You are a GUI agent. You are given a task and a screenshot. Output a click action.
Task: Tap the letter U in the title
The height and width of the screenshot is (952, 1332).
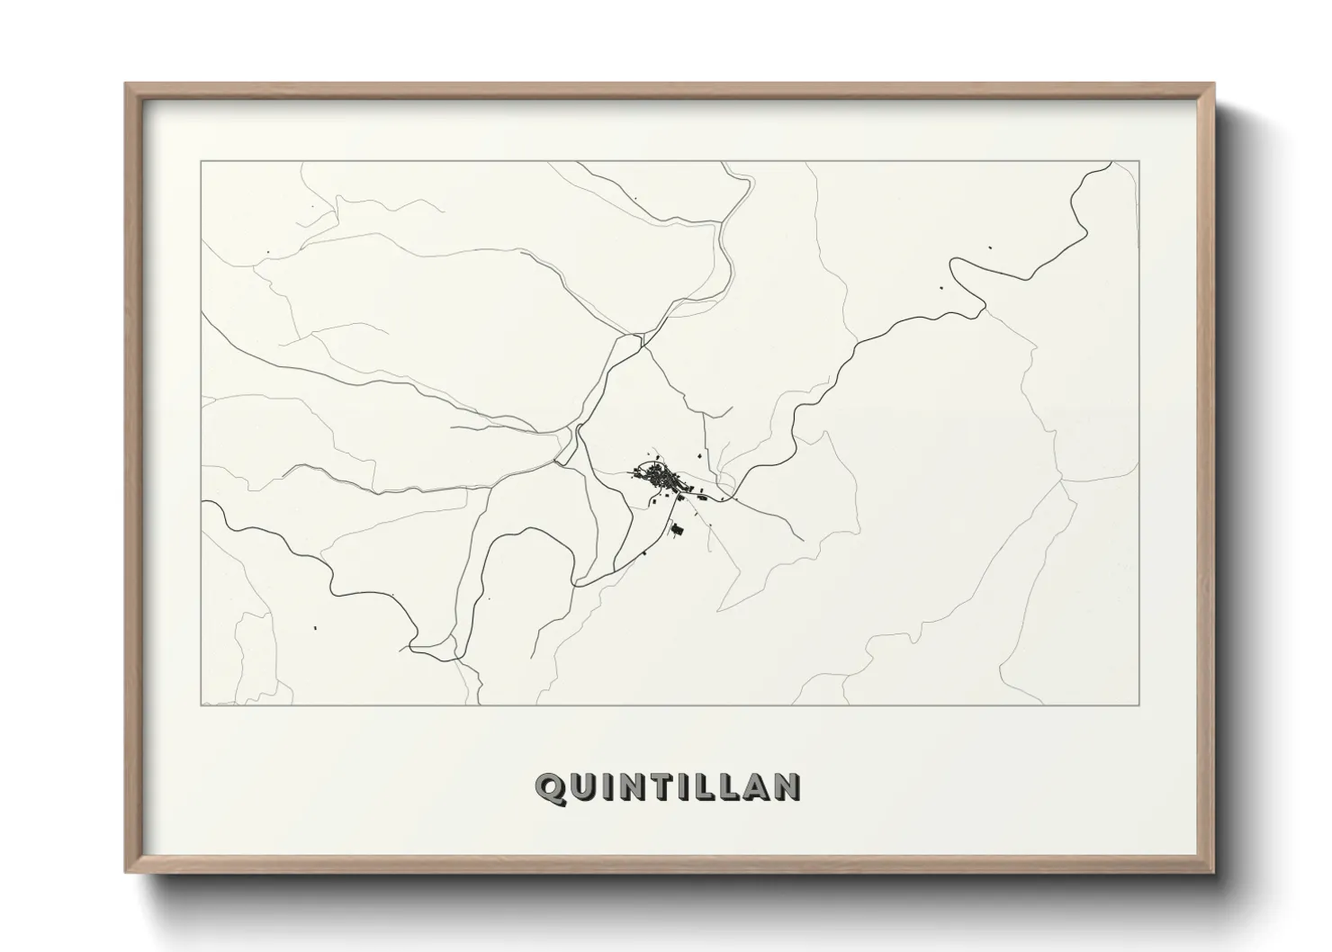[x=583, y=787]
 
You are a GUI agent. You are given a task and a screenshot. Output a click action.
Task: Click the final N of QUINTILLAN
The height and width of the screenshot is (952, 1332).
[x=787, y=787]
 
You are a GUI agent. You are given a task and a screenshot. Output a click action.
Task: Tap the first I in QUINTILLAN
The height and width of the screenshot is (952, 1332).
[x=607, y=787]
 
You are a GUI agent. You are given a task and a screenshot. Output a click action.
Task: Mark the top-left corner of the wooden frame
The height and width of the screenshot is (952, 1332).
[x=126, y=85]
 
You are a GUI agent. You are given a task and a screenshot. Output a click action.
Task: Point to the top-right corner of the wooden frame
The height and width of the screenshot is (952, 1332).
[x=1213, y=85]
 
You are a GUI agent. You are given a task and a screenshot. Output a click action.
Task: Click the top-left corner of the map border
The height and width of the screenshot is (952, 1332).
[x=201, y=161]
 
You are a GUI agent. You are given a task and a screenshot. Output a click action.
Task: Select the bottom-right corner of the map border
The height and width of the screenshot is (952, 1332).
[x=1139, y=705]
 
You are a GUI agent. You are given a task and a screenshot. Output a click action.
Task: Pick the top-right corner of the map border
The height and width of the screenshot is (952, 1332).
[x=1139, y=161]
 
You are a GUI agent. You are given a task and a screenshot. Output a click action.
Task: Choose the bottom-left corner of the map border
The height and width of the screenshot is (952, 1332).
[x=201, y=705]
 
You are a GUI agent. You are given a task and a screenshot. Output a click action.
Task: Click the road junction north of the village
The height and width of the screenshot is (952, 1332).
[x=641, y=339]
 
